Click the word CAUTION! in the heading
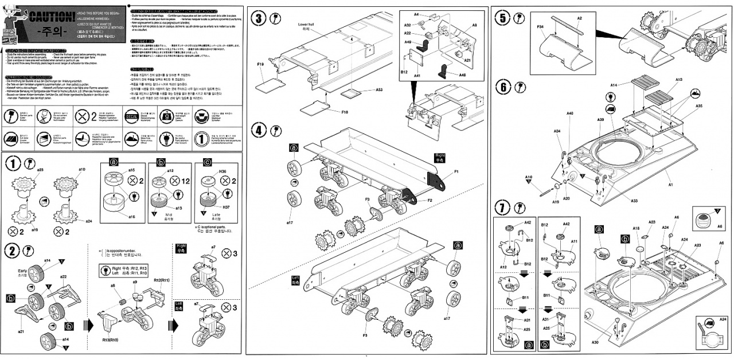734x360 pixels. pos(50,16)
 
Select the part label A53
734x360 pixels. pos(378,89)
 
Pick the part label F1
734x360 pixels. pos(456,171)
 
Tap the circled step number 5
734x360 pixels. pos(503,18)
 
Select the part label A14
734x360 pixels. pos(614,85)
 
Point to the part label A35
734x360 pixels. pos(698,106)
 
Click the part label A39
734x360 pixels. pos(600,119)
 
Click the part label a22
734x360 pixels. pos(63,277)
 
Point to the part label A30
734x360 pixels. pos(596,342)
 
